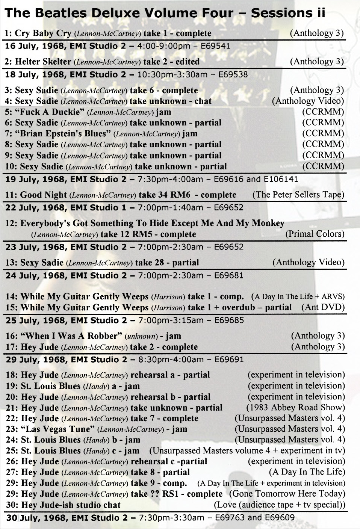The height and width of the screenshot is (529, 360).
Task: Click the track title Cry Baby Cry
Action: pos(43,33)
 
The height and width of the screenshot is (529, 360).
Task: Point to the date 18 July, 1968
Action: pos(36,74)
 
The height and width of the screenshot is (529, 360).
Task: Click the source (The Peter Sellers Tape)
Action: pos(298,195)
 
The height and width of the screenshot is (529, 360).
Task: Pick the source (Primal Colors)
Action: pos(315,234)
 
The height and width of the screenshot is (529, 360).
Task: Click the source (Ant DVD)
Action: pos(323,307)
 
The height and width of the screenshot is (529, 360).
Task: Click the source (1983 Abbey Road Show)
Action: pos(295,407)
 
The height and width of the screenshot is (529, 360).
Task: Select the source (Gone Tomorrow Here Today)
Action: pos(287,494)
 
